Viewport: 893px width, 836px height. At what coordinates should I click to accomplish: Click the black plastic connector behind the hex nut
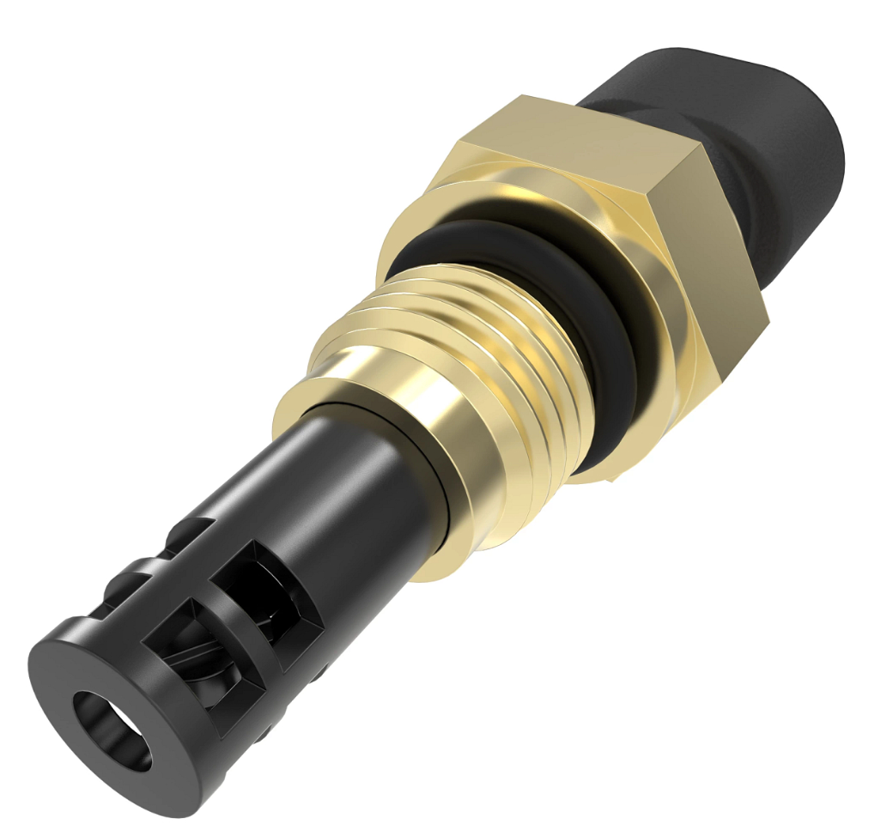coord(773,137)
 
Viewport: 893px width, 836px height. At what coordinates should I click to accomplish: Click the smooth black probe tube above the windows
coord(343,481)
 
